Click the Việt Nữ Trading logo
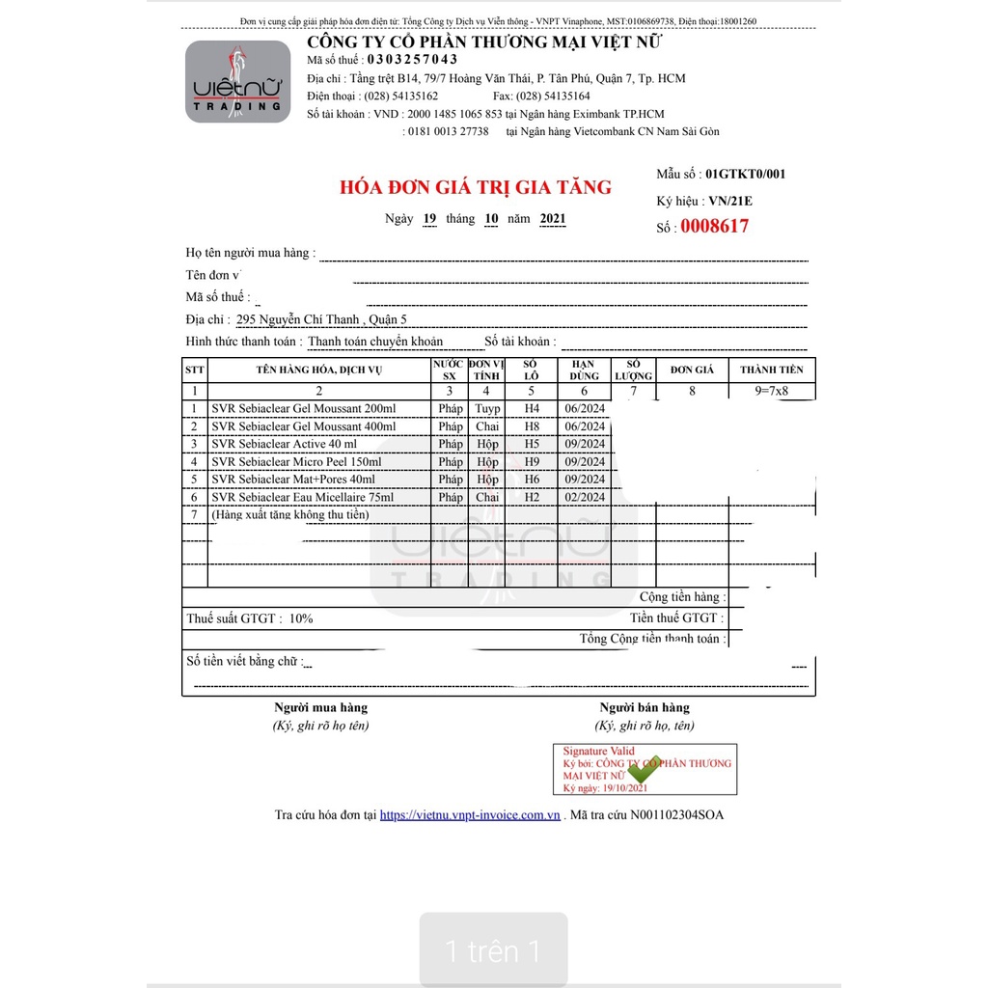[237, 81]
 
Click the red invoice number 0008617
[714, 227]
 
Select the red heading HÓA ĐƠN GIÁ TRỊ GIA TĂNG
[476, 187]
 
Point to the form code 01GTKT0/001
[745, 175]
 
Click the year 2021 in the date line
[553, 219]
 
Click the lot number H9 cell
[532, 462]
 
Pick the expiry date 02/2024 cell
[585, 497]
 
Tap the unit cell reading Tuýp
[487, 409]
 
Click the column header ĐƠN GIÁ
[692, 370]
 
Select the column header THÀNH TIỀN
[771, 370]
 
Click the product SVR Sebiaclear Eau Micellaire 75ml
[302, 497]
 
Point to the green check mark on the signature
[644, 773]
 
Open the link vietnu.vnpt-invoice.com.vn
[470, 815]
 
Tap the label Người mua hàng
[320, 707]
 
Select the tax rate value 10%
[301, 618]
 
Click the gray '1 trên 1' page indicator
[493, 952]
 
